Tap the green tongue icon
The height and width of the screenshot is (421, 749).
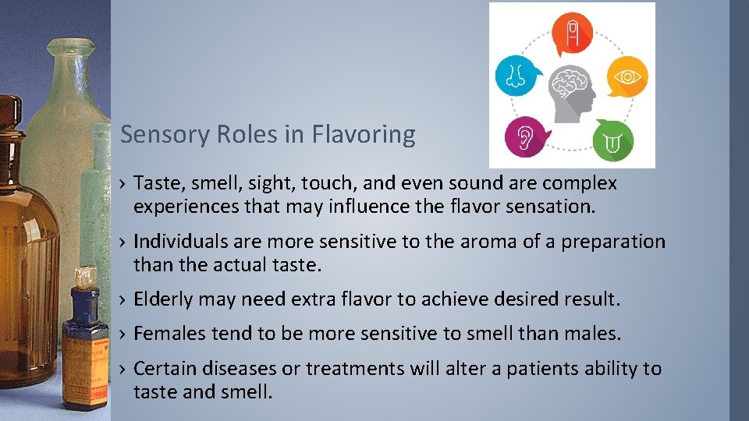(612, 140)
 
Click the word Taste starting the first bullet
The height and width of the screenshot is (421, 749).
(156, 184)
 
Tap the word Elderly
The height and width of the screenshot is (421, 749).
(163, 299)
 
